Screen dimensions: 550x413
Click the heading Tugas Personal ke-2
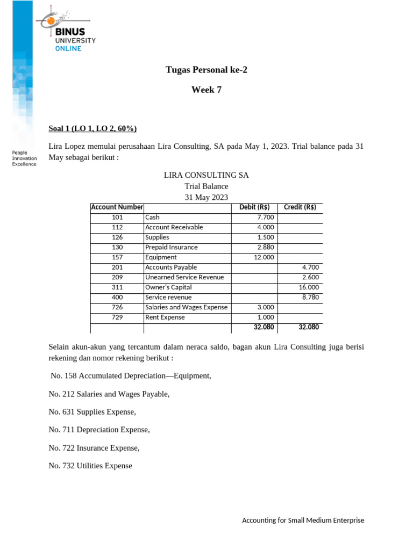coord(206,70)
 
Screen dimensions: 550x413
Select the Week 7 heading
coord(206,90)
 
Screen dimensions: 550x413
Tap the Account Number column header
coord(117,207)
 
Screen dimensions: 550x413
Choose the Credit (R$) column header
coord(300,207)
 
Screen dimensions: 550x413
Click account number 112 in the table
coord(117,227)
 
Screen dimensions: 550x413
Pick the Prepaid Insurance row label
coord(171,247)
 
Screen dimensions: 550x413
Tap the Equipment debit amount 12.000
coord(264,257)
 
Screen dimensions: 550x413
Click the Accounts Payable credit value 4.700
coord(311,267)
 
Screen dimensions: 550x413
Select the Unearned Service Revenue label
coord(184,277)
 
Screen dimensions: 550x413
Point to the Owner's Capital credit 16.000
coord(309,287)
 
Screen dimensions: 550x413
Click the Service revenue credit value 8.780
coord(311,297)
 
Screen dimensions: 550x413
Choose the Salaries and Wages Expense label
coord(186,307)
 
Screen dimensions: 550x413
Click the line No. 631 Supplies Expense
coord(92,412)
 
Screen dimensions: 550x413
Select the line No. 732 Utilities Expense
coord(90,466)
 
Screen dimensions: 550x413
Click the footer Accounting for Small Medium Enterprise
coord(303,520)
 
